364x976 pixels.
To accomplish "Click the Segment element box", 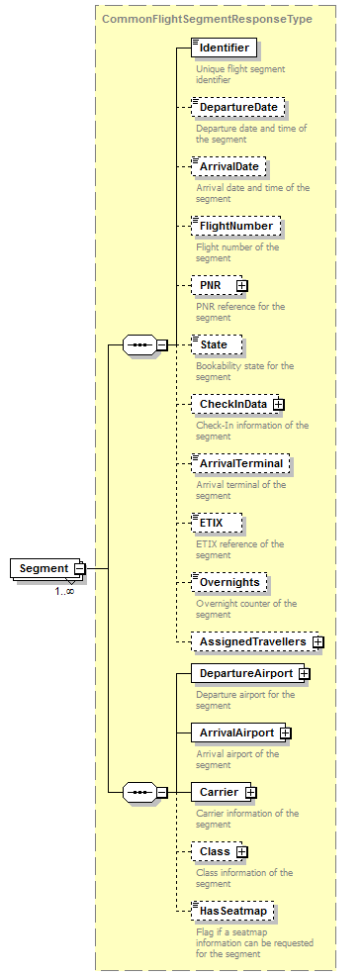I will (43, 568).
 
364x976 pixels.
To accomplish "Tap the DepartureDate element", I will (237, 107).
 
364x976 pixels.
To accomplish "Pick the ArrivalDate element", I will (228, 166).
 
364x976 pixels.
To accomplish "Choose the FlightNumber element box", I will (235, 226).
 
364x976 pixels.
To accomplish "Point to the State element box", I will (216, 344).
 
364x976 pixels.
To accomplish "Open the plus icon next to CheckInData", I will (279, 404).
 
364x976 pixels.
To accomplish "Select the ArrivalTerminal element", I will (240, 463).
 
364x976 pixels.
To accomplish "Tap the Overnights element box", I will (229, 582).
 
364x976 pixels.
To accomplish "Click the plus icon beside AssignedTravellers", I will (318, 641).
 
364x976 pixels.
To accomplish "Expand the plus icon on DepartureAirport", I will (305, 673).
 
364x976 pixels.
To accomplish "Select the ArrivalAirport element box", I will (236, 732).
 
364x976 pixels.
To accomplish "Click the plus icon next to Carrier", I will (251, 792).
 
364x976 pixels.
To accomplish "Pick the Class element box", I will (215, 851).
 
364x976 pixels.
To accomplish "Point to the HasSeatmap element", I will (232, 911).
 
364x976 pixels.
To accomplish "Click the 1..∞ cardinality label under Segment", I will (64, 591).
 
